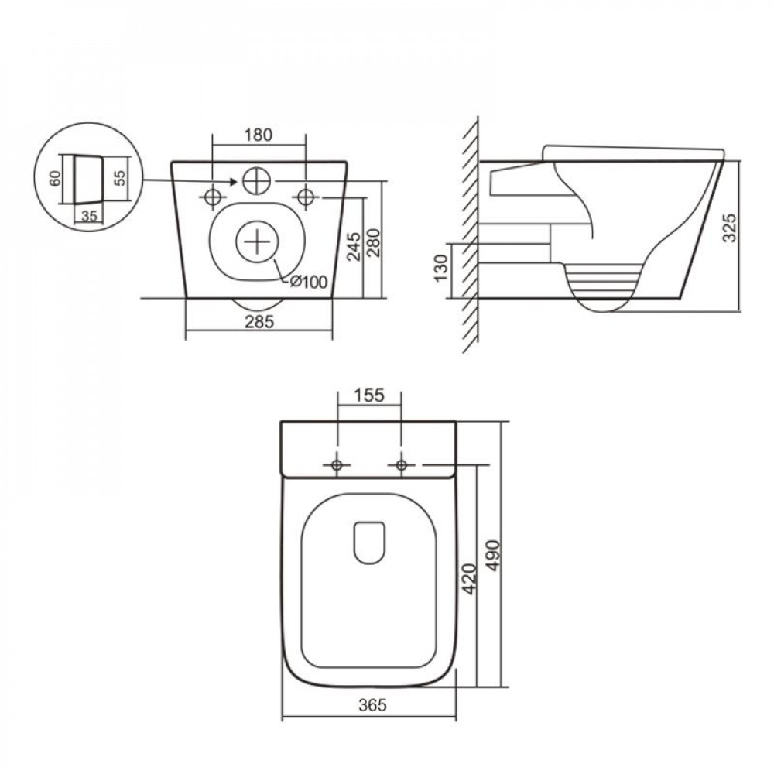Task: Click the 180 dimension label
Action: pyautogui.click(x=259, y=134)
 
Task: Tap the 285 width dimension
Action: pyautogui.click(x=259, y=322)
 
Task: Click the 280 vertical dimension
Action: pyautogui.click(x=374, y=241)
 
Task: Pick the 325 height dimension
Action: pyautogui.click(x=730, y=227)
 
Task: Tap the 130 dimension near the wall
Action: pyautogui.click(x=441, y=267)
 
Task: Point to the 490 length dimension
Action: pyautogui.click(x=493, y=557)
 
